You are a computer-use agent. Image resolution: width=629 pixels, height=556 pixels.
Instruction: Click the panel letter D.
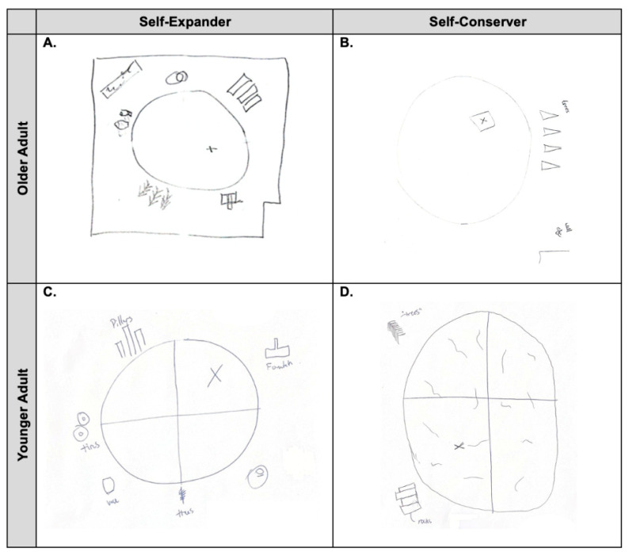346,293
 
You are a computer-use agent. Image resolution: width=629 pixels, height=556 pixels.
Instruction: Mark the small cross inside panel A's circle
210,148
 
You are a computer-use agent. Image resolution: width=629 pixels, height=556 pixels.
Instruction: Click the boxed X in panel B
482,121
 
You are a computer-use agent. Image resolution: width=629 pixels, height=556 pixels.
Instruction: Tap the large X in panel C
213,376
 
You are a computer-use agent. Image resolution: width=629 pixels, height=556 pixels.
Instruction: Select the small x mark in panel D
458,447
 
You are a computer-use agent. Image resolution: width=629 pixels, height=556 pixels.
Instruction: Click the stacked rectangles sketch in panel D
406,497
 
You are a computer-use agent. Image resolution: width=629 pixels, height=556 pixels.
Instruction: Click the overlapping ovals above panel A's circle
178,77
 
